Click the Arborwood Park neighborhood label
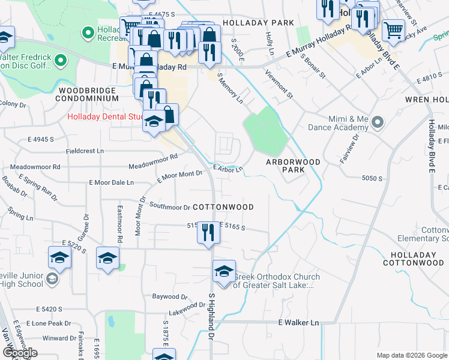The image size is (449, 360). click(285, 166)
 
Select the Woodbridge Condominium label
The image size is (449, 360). click(88, 94)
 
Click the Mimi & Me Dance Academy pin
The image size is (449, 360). click(377, 122)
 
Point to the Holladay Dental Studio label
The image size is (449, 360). click(105, 116)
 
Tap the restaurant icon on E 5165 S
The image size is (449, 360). click(208, 232)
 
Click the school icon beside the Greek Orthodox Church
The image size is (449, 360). click(224, 272)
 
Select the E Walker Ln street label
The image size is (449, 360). click(298, 323)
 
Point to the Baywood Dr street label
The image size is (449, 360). click(170, 296)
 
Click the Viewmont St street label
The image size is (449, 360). click(282, 83)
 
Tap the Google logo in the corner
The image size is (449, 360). click(20, 353)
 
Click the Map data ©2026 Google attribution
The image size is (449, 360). click(411, 355)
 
